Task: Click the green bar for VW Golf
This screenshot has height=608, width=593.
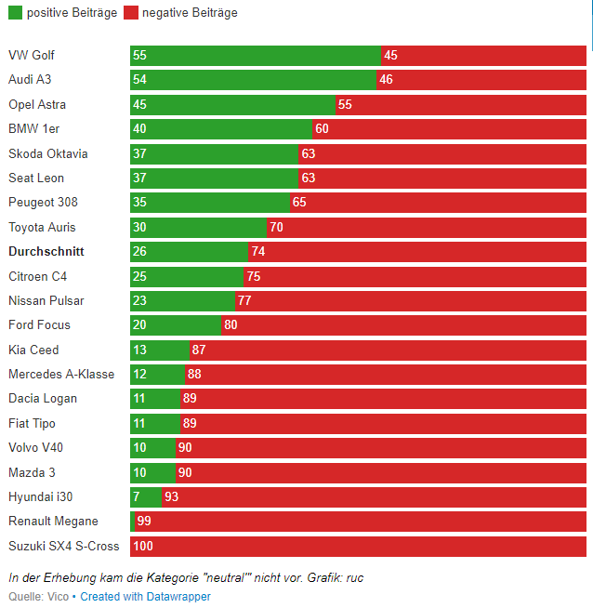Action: click(256, 55)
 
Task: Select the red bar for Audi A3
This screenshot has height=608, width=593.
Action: click(481, 80)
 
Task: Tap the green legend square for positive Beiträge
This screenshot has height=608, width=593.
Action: click(14, 13)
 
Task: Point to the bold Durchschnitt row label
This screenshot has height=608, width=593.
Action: click(46, 252)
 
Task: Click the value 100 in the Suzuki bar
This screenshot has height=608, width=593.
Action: click(143, 546)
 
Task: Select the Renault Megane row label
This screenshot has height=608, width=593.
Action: click(53, 522)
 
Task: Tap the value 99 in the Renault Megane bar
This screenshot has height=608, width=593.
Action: click(144, 522)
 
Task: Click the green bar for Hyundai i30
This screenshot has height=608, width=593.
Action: click(146, 496)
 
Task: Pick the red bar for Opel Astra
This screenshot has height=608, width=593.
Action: click(461, 104)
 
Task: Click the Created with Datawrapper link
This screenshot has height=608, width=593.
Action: click(145, 596)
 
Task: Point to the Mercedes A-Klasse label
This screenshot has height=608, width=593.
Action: click(61, 375)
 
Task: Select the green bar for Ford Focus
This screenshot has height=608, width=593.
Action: click(176, 325)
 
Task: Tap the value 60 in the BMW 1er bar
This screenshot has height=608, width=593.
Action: click(322, 129)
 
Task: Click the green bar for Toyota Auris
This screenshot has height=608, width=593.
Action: click(198, 227)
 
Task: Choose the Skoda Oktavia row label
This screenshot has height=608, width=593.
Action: click(47, 153)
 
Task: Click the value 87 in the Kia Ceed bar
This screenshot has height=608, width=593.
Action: click(198, 350)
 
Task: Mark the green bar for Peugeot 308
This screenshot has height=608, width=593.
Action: click(210, 203)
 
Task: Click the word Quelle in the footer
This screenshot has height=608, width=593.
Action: click(24, 596)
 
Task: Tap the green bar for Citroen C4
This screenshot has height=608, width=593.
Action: click(187, 276)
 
